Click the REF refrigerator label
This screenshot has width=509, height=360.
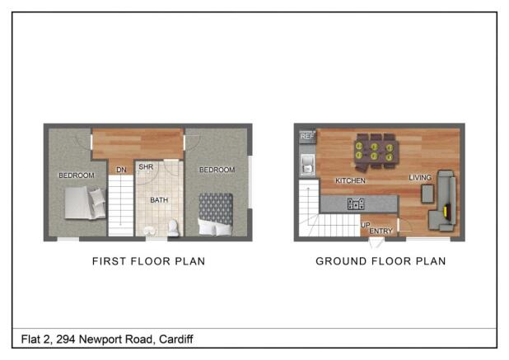coord(306,137)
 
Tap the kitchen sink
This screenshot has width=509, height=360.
coord(306,163)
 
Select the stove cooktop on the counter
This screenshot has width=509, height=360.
coord(356,203)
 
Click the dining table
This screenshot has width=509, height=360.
coord(375,150)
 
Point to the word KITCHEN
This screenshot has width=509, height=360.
coord(350,180)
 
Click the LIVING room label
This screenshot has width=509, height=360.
coord(420,177)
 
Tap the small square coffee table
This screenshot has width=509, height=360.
coord(427,193)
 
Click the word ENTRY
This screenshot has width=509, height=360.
coord(381,231)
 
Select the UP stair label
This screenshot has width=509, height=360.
coord(365,224)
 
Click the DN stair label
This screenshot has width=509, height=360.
coord(121,171)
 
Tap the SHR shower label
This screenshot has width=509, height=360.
coord(146,167)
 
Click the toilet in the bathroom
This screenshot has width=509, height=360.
coord(173,227)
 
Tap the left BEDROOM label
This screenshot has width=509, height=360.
coord(76,175)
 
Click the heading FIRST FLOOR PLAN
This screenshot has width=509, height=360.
coord(148,261)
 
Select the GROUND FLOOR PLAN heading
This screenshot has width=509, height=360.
coord(381,261)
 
